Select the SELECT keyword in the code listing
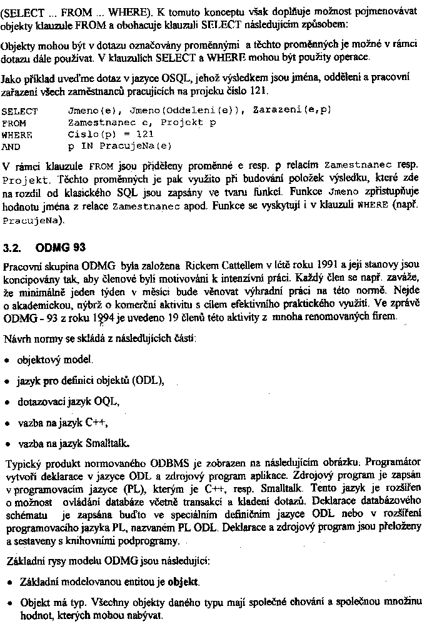[x=20, y=111]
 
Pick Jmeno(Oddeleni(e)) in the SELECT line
[x=186, y=111]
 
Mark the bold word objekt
[x=183, y=583]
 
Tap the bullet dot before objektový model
[x=6, y=361]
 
